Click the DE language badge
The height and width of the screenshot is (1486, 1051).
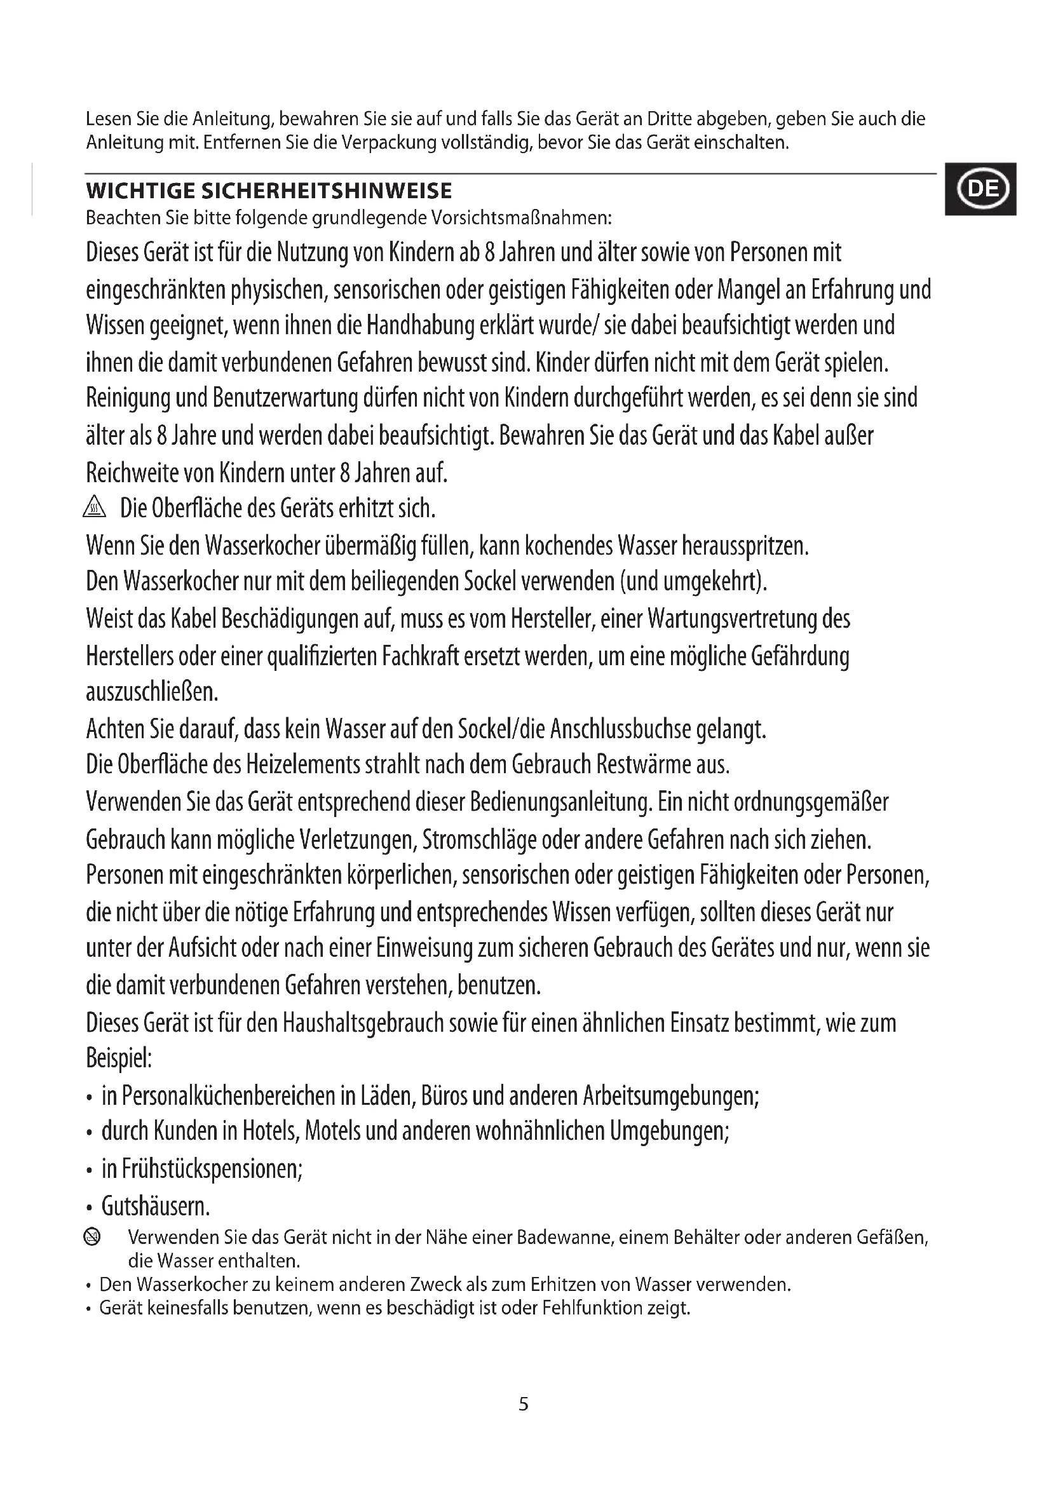[x=980, y=189]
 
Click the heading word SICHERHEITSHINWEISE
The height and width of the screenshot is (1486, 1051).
[x=327, y=191]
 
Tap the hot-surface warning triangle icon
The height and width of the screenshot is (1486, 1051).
[x=95, y=509]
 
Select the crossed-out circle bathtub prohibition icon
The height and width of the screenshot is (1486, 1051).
[x=93, y=1238]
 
